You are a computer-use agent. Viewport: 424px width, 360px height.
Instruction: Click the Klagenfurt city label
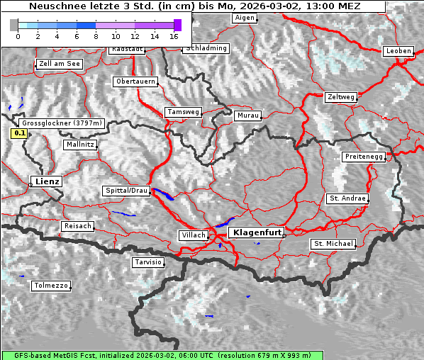point(258,232)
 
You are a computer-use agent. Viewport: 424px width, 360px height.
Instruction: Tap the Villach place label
point(194,235)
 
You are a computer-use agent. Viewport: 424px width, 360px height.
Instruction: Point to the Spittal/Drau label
point(126,191)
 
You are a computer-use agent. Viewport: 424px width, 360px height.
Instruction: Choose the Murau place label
point(248,115)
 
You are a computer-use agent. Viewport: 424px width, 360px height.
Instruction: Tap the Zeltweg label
point(341,96)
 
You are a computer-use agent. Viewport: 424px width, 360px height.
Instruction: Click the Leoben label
point(397,51)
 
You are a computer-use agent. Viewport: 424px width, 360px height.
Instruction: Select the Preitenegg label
point(364,156)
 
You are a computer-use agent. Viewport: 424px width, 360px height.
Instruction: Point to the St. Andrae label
point(347,198)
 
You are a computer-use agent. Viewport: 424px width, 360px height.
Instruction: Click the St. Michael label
point(333,244)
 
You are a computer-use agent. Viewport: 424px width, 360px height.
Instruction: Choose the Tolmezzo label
point(50,286)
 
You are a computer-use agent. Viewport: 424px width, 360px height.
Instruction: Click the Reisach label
point(77,226)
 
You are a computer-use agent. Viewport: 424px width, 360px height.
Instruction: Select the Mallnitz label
point(79,145)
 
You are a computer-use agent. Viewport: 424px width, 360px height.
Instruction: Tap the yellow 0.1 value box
point(20,133)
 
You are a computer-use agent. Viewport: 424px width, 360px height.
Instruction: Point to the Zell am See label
point(59,64)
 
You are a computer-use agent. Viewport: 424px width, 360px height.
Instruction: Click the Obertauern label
point(135,81)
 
